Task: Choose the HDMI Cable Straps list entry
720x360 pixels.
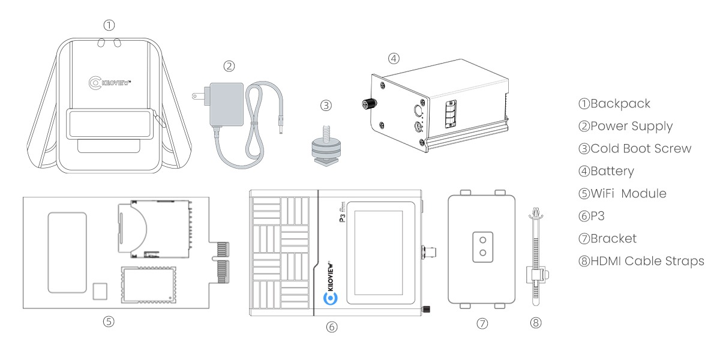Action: pyautogui.click(x=641, y=261)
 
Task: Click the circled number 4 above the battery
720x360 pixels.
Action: pyautogui.click(x=393, y=58)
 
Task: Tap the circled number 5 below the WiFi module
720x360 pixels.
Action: pyautogui.click(x=109, y=321)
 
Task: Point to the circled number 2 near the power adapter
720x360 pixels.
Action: pyautogui.click(x=229, y=65)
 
